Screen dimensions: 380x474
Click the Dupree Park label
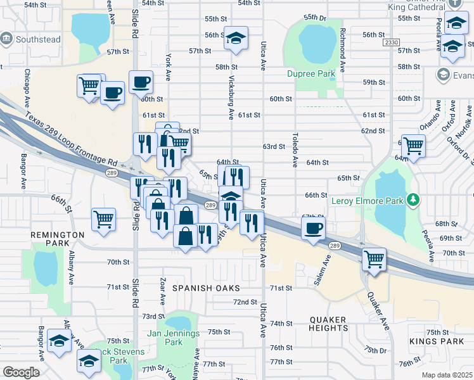pos(311,73)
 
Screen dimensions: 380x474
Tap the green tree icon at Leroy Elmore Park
pos(413,201)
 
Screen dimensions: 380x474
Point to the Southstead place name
pos(39,39)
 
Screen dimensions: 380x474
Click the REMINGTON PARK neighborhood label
pos(57,239)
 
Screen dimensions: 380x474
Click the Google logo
pos(21,372)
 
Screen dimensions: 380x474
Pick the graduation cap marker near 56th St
pos(236,39)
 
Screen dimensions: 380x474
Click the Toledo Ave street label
pos(295,150)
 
